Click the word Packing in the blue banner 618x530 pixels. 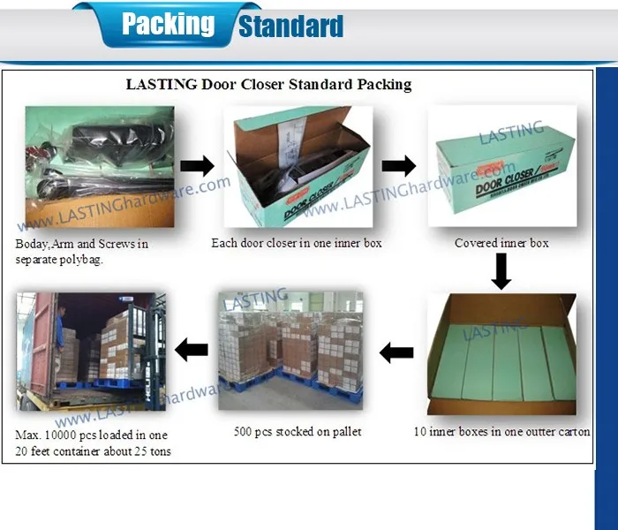(x=168, y=24)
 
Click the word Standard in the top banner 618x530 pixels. (x=290, y=26)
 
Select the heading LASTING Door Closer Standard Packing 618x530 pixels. (x=268, y=85)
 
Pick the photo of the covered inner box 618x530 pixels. (x=501, y=168)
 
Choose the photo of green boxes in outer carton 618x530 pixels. (x=501, y=354)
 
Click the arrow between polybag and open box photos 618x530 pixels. (x=197, y=165)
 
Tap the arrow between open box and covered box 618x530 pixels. (x=398, y=165)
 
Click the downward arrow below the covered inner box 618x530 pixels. (x=501, y=271)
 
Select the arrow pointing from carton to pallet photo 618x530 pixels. (x=396, y=353)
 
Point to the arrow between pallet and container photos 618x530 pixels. (x=192, y=350)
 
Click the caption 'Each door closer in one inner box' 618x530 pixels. (x=297, y=243)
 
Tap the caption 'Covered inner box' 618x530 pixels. (x=501, y=243)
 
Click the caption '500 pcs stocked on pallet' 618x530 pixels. (x=297, y=431)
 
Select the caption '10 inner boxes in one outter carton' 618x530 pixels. (x=501, y=432)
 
